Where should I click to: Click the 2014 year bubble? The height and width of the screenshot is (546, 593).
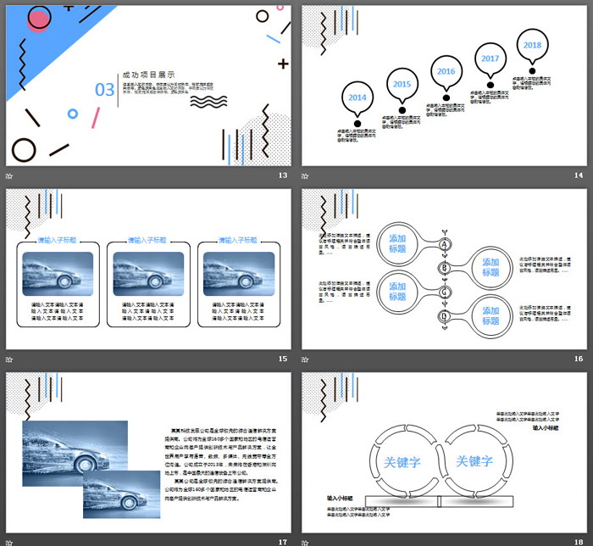(357, 97)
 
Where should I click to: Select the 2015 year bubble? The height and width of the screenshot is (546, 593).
(402, 84)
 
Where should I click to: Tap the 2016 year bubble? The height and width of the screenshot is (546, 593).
(446, 72)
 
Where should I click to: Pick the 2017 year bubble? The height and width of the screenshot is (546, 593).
(490, 58)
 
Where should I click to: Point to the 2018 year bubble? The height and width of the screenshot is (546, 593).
(532, 45)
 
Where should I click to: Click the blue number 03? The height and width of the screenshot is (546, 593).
(104, 89)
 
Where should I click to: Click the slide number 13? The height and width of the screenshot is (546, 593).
(283, 175)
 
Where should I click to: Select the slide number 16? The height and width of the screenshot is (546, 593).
(579, 359)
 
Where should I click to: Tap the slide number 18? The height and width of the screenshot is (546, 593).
(579, 541)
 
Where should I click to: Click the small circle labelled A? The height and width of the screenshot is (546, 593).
(443, 244)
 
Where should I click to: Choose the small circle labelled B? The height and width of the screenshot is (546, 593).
(443, 268)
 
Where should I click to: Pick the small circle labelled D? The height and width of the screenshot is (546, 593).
(443, 315)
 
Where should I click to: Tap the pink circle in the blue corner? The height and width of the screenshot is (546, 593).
(39, 18)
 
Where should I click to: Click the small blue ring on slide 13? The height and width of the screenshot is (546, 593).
(73, 113)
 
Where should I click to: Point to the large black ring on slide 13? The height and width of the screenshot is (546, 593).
(24, 149)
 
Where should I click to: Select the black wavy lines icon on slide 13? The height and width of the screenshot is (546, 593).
(208, 101)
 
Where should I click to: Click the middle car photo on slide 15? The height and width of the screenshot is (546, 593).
(148, 274)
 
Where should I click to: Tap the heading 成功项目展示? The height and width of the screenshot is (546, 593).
(149, 75)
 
